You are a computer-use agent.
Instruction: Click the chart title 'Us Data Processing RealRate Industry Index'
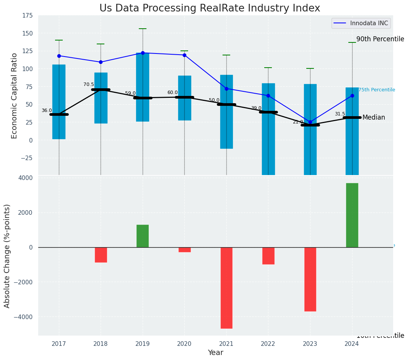point(210,8)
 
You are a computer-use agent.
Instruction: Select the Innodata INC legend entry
point(361,23)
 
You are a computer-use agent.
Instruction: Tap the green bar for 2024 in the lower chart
point(352,215)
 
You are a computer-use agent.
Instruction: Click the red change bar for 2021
point(226,287)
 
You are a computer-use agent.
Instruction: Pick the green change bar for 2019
point(143,236)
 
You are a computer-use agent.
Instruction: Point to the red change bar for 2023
point(310,279)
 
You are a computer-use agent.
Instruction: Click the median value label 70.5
point(88,84)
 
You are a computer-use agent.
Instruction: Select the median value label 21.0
point(297,122)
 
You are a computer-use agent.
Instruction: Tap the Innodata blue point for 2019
point(143,53)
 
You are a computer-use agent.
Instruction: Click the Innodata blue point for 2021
point(226,89)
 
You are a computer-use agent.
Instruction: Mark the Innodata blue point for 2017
point(59,56)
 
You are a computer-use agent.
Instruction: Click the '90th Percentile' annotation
point(380,39)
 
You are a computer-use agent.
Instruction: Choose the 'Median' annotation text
point(374,118)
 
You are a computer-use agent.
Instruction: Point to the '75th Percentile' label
point(377,90)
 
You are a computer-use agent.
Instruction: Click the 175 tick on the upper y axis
point(27,16)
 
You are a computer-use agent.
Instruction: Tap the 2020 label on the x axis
point(184,344)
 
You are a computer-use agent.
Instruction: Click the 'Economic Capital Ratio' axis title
point(15,96)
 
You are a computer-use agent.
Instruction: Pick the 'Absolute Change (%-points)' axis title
point(7,256)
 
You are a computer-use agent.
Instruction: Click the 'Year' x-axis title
point(215,353)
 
